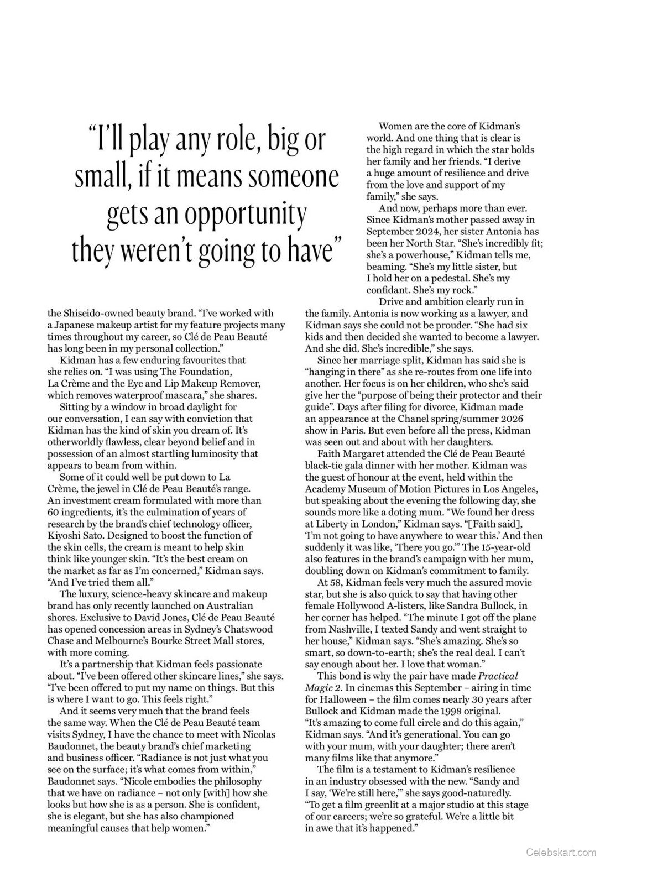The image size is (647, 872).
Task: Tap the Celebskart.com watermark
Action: tap(561, 852)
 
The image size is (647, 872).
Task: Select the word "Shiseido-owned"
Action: tap(100, 313)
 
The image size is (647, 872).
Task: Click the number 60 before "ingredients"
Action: tap(53, 512)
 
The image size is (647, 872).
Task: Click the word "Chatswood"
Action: tap(247, 629)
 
